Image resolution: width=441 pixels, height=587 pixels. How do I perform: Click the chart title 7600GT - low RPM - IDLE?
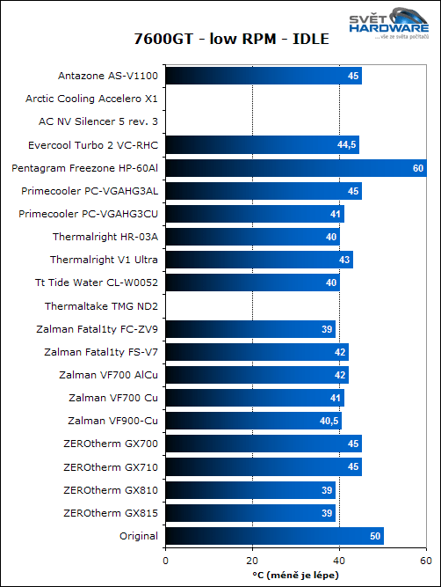click(x=220, y=39)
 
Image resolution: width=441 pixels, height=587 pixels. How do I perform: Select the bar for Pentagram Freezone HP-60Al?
click(x=295, y=168)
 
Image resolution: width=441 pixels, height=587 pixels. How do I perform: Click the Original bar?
click(x=273, y=536)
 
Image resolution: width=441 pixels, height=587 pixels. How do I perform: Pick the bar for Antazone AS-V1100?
click(x=263, y=77)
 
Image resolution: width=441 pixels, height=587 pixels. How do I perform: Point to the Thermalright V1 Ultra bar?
click(x=258, y=260)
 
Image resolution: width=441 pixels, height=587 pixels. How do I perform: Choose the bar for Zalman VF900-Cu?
click(x=253, y=421)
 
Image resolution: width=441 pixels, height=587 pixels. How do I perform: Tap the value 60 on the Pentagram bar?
click(x=418, y=168)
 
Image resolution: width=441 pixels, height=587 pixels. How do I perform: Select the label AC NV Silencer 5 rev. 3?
click(x=98, y=122)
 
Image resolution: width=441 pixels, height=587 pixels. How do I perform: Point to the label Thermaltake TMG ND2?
click(x=101, y=306)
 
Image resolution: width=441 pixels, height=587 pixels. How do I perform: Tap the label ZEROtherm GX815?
click(x=111, y=513)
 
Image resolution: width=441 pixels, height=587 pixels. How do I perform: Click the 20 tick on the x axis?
click(x=252, y=560)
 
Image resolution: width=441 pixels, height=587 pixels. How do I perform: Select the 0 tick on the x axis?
click(x=165, y=560)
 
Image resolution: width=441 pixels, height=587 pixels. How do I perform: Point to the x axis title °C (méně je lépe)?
click(x=294, y=576)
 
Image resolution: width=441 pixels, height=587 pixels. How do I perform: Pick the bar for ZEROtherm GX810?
click(x=249, y=490)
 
